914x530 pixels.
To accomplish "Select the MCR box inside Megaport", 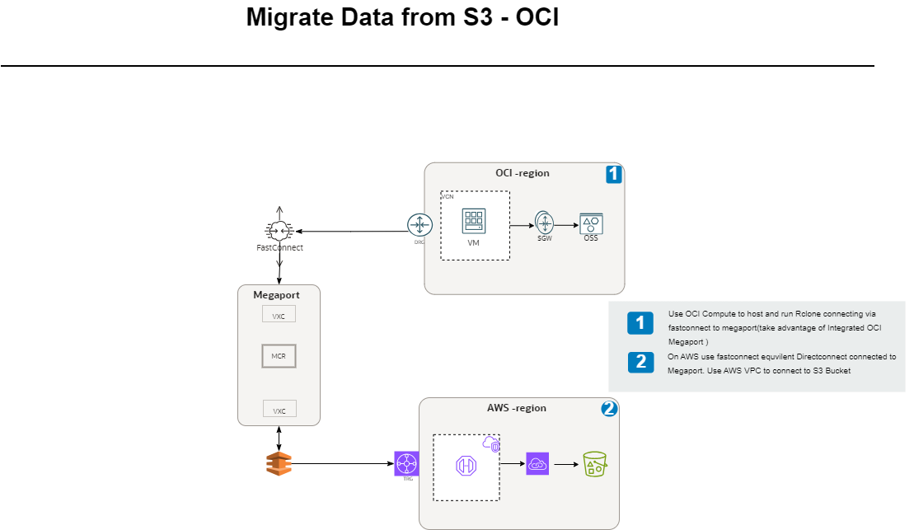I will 279,356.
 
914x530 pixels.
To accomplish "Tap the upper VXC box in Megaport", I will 279,315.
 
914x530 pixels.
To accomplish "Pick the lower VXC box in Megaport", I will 279,410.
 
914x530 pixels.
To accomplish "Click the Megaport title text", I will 276,294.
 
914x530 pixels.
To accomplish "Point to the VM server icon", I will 474,221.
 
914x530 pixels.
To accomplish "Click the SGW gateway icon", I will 544,223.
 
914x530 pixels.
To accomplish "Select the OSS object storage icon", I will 591,223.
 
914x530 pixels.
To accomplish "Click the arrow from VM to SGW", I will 522,224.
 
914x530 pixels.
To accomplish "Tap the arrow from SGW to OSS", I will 566,224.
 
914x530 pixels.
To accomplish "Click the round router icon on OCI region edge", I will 420,225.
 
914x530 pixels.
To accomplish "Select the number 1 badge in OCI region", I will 613,174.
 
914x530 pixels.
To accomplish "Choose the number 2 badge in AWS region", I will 609,408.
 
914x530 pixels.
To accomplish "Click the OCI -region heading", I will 522,173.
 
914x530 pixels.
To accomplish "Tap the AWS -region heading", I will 516,408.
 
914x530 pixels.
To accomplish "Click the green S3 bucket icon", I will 594,464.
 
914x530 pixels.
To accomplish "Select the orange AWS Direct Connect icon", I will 279,464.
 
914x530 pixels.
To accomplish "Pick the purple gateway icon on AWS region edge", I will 406,464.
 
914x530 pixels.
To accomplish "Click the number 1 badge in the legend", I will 640,322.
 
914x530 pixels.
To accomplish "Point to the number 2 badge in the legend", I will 640,362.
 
